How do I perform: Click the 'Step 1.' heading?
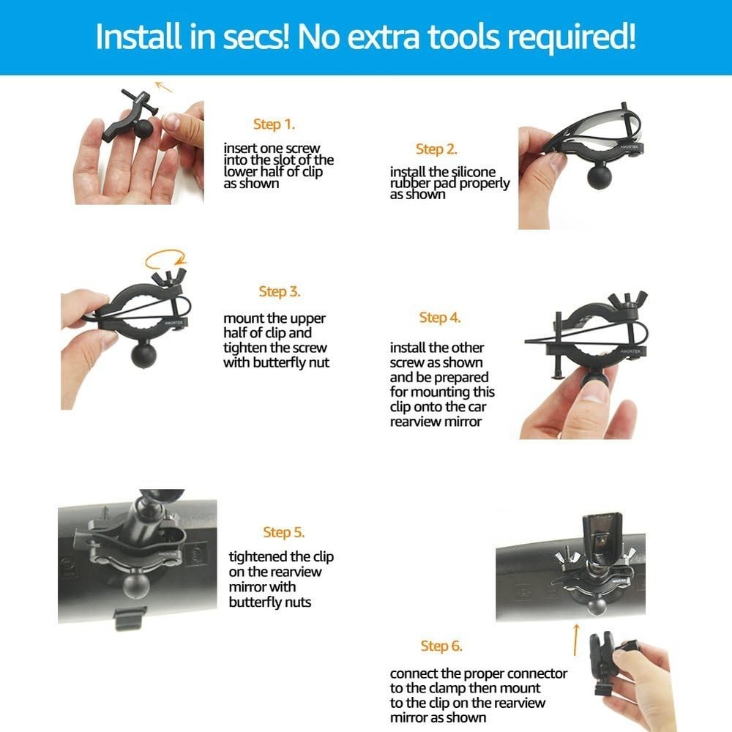(x=274, y=124)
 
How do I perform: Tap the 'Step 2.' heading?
(x=436, y=149)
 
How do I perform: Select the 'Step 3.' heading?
(x=280, y=292)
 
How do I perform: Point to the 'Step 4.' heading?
(x=440, y=318)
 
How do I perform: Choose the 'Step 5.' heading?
(x=284, y=532)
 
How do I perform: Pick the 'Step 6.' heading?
(x=441, y=646)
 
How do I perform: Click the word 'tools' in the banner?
(x=474, y=37)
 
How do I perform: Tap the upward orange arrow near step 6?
(x=575, y=639)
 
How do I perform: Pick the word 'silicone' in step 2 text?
(x=474, y=172)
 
